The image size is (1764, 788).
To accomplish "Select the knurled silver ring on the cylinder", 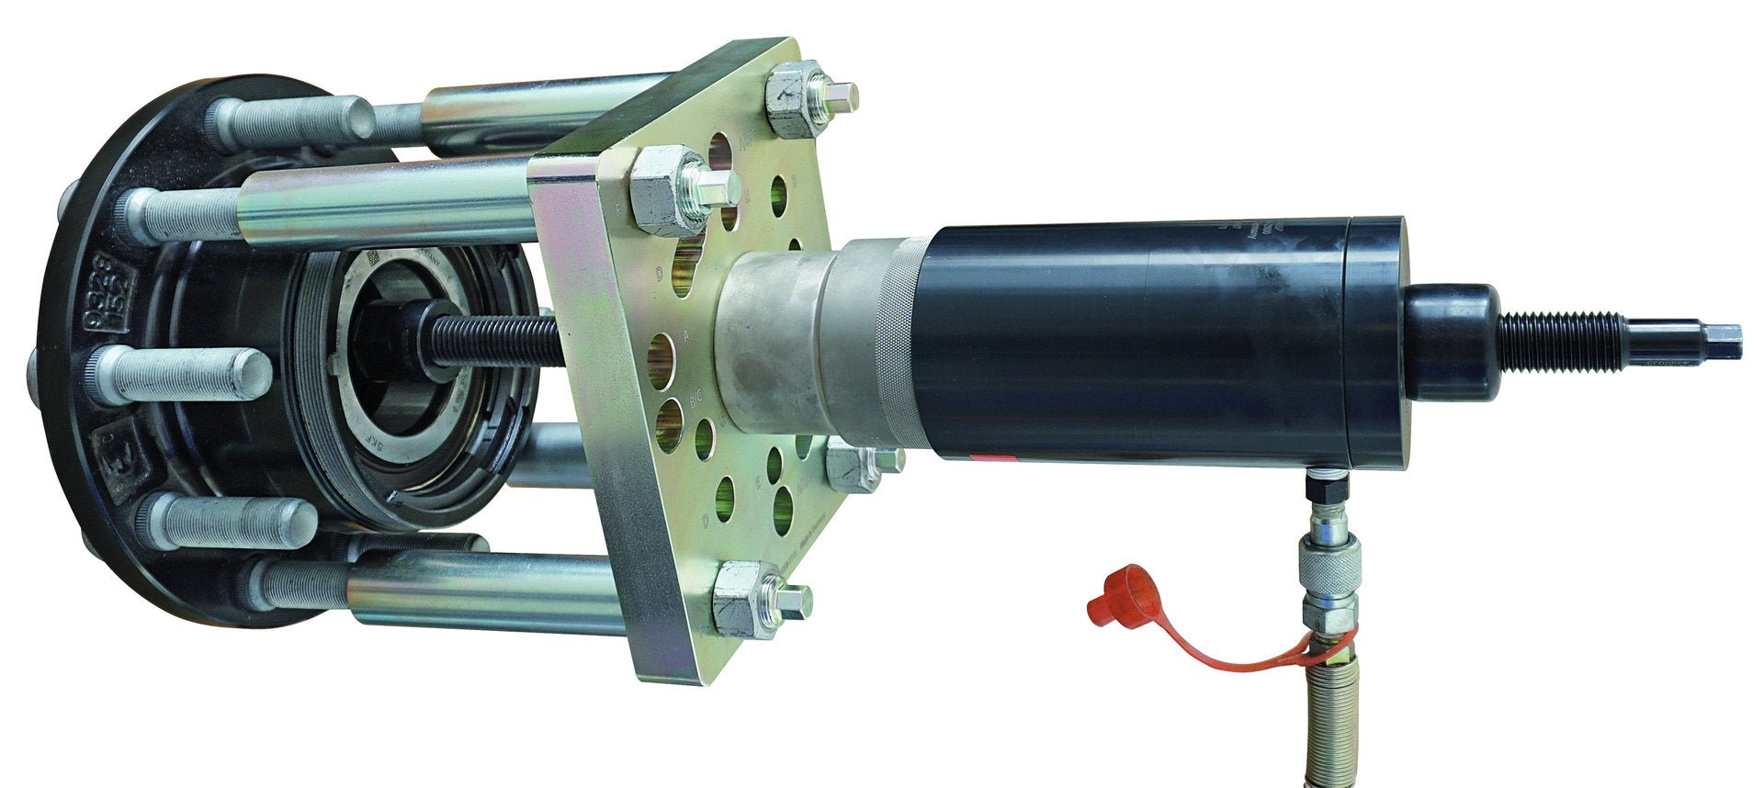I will pos(895,345).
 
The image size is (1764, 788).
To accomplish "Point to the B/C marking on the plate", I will pos(696,400).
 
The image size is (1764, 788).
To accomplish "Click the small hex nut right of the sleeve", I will pos(853,467).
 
